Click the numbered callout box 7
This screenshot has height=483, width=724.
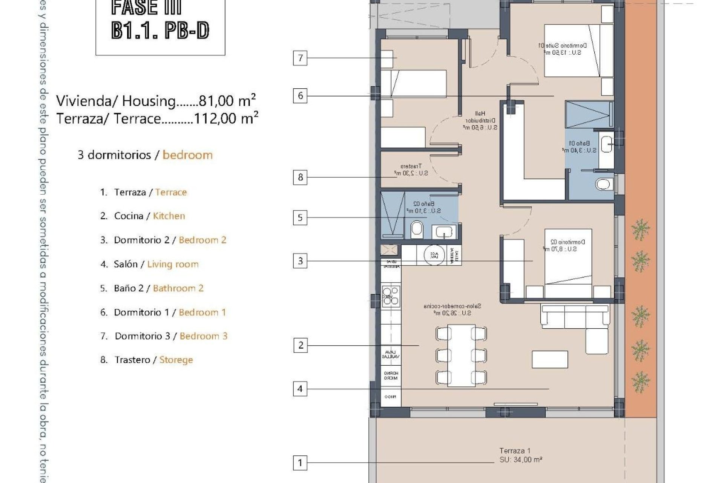pos(300,58)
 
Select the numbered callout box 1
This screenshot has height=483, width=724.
pos(300,463)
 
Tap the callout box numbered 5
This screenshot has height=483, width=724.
pos(300,218)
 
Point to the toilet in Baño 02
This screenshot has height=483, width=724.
pos(417,229)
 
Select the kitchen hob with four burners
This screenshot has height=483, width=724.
pos(391,295)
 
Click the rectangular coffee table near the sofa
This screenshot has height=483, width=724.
pos(550,359)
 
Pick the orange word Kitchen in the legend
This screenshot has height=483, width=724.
pos(169,216)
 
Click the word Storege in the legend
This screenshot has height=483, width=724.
pos(176,360)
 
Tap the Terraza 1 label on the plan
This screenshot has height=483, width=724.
pos(515,451)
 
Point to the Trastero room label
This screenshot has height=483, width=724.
pos(411,166)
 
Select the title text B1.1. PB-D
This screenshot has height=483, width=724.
pos(160,31)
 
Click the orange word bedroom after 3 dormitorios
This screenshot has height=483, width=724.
pos(187,155)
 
